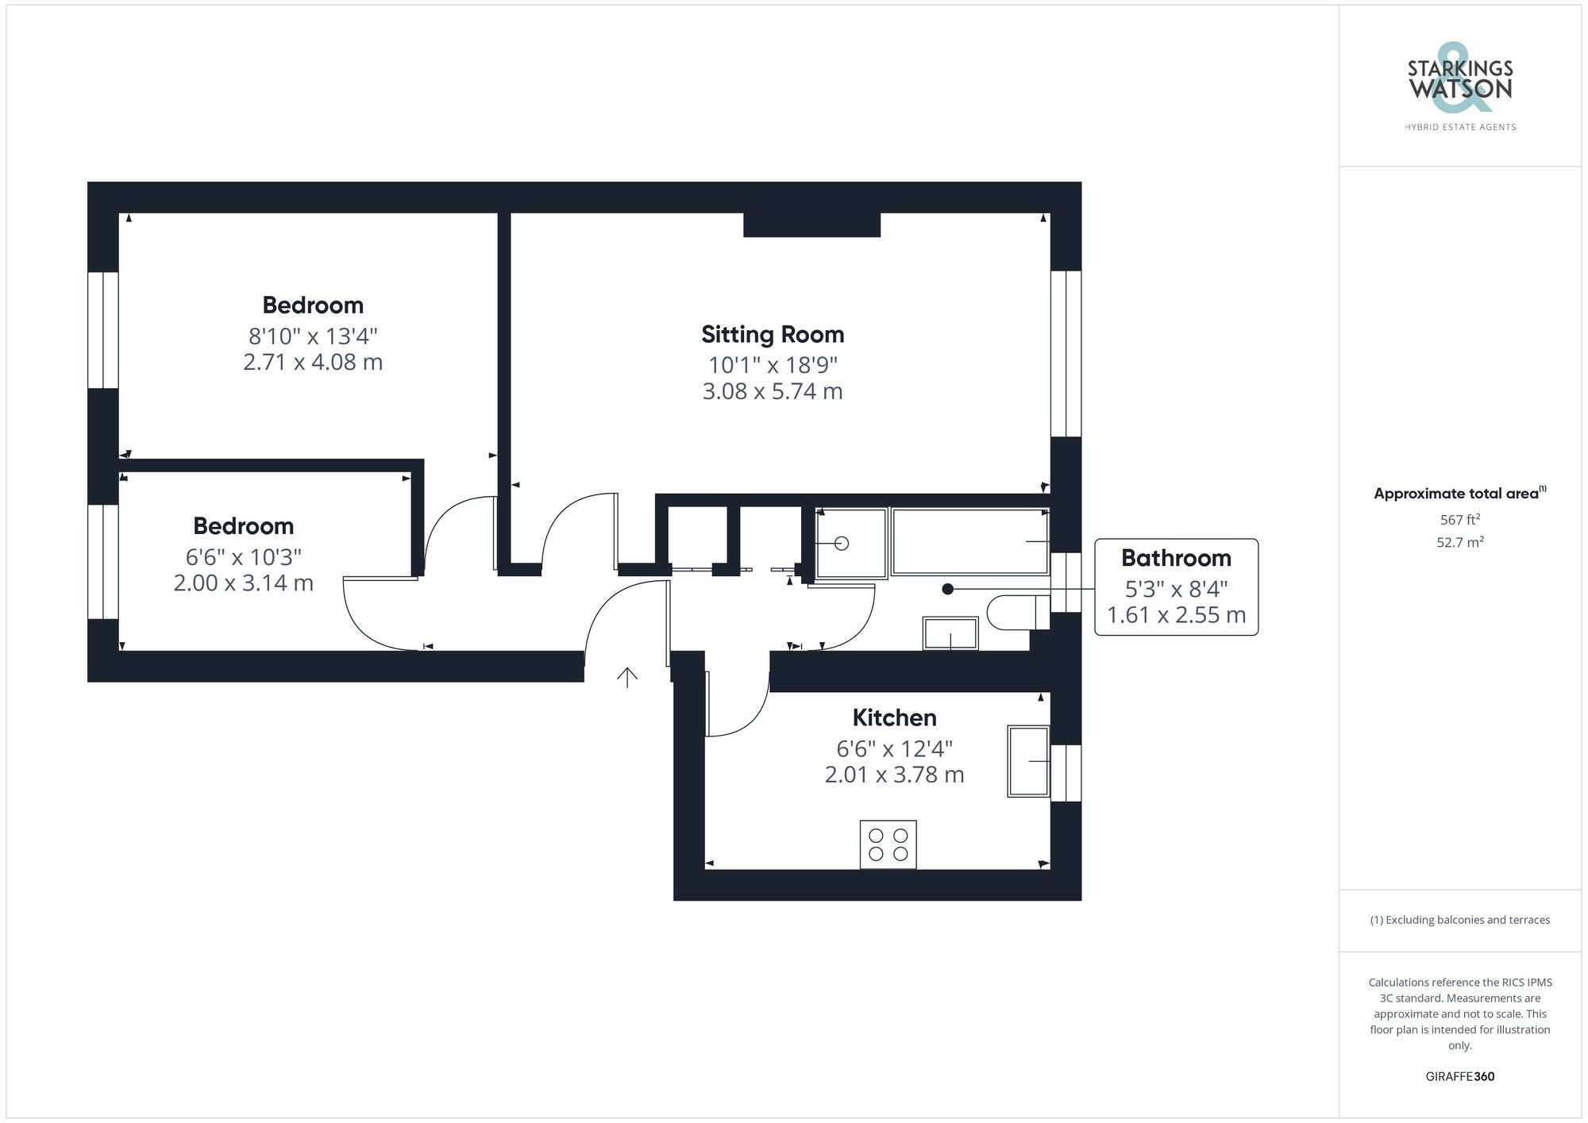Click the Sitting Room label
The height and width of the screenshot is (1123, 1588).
tap(772, 334)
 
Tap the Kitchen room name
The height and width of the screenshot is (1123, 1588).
tap(894, 717)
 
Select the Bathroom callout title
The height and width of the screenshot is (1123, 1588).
tap(1176, 558)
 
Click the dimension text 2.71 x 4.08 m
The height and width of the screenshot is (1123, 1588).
tap(313, 362)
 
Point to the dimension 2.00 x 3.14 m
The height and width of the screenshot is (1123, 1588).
tap(243, 583)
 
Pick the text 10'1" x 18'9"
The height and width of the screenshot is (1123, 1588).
tap(773, 365)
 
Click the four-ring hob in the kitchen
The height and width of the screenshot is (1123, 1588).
tap(888, 844)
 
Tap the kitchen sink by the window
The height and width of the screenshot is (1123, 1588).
tap(1028, 761)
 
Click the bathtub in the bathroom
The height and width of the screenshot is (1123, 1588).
tap(969, 541)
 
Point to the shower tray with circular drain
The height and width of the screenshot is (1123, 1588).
tap(851, 543)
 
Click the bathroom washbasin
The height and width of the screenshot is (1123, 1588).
tap(950, 633)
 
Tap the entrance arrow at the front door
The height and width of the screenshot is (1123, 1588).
tap(627, 677)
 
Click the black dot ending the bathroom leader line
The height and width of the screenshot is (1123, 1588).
tap(947, 589)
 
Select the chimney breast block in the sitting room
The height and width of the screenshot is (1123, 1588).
tap(811, 225)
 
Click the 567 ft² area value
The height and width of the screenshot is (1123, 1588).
tap(1459, 520)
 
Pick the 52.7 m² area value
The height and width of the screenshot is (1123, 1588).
tap(1459, 543)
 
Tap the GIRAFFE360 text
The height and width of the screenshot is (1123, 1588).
tap(1459, 1076)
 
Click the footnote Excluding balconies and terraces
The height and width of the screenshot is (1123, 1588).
tap(1459, 920)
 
